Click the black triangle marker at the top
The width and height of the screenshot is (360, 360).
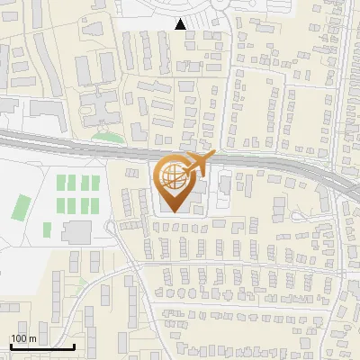(x=182, y=23)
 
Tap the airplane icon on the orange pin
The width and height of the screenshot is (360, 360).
(x=198, y=163)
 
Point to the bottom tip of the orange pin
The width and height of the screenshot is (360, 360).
(x=172, y=211)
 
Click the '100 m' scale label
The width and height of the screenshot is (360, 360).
(x=22, y=338)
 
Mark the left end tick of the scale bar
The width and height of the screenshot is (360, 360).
(x=11, y=346)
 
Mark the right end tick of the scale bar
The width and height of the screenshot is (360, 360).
(x=74, y=346)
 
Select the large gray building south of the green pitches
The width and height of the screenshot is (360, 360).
(x=76, y=233)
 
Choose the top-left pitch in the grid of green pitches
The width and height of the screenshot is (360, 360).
(x=62, y=182)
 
